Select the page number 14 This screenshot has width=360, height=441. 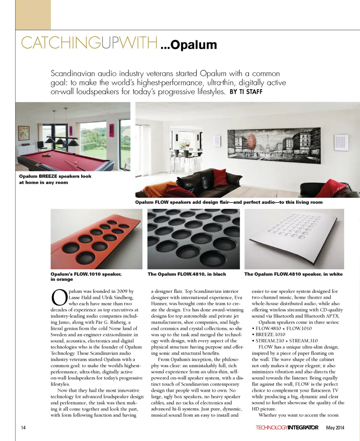(x=24, y=427)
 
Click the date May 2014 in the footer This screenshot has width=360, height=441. (x=335, y=427)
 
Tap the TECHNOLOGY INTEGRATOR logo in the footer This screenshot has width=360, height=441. (x=287, y=427)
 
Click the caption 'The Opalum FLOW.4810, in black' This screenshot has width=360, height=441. (x=187, y=274)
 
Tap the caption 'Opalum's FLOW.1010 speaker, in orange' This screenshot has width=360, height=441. (x=86, y=276)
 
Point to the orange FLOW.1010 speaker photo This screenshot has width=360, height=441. (x=96, y=239)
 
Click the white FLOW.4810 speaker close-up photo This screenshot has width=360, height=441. (x=294, y=239)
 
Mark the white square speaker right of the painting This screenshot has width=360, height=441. (x=342, y=142)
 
